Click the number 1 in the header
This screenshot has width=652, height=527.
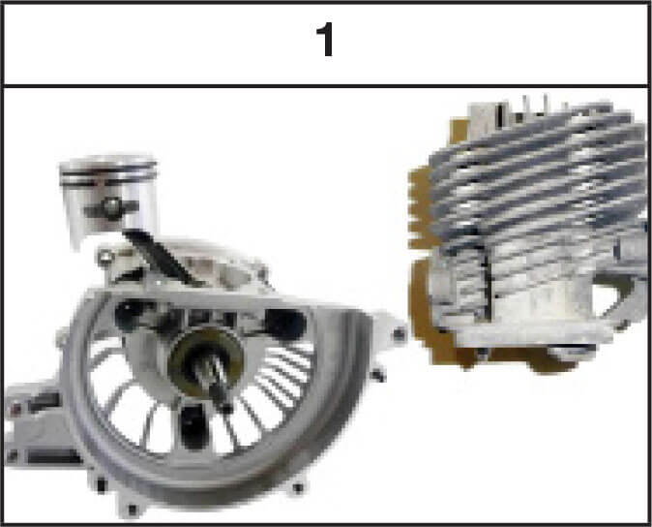pyautogui.click(x=326, y=40)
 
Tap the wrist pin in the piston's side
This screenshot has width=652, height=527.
pyautogui.click(x=112, y=207)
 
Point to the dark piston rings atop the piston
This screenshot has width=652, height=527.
pyautogui.click(x=109, y=174)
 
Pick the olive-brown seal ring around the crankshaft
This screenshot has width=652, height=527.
pyautogui.click(x=207, y=361)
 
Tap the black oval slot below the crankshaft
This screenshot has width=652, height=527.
pyautogui.click(x=193, y=426)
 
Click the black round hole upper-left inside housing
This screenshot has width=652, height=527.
pyautogui.click(x=130, y=315)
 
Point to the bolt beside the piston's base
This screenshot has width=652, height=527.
pyautogui.click(x=105, y=257)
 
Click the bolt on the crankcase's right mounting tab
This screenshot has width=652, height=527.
pyautogui.click(x=399, y=333)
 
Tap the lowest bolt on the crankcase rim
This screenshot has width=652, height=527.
pyautogui.click(x=133, y=510)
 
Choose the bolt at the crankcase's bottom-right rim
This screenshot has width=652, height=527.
pyautogui.click(x=298, y=488)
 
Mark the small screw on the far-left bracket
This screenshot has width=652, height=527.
pyautogui.click(x=15, y=409)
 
